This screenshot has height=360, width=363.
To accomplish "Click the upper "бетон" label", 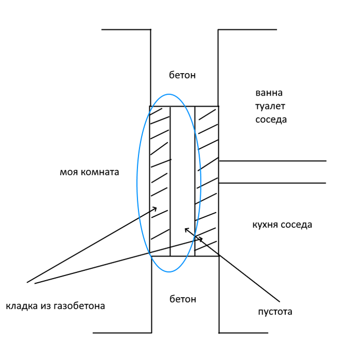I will pos(183,75).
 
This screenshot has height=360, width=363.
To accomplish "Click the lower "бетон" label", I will pos(183,299).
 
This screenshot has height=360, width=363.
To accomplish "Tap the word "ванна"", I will pos(269,93).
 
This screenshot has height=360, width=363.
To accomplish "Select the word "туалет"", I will pos(270,106).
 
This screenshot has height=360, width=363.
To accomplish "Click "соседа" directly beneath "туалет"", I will pos(271,119).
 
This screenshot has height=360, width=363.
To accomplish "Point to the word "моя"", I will pos(69,172).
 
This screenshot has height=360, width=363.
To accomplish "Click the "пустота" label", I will pos(275,312).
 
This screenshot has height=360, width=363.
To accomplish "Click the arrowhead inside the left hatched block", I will pos(155,209).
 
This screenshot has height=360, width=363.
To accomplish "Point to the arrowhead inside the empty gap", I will pos(186,229).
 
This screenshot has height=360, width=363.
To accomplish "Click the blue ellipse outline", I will pos(137,182).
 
